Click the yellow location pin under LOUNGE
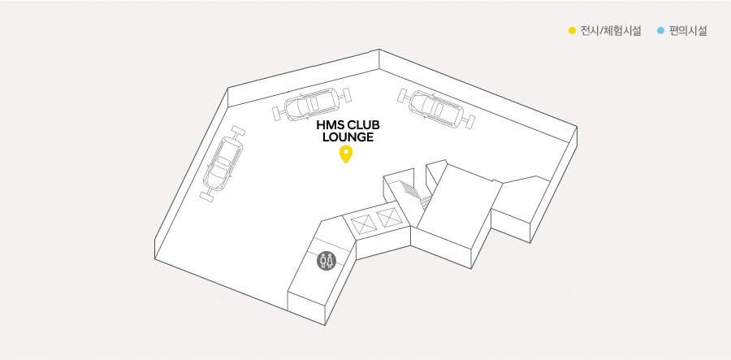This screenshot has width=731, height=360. pyautogui.click(x=345, y=154)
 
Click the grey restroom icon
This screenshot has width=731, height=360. pyautogui.click(x=326, y=261)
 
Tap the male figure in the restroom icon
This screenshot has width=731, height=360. pyautogui.click(x=322, y=261)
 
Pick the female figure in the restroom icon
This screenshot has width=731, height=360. pyautogui.click(x=330, y=261)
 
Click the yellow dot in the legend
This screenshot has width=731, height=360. pyautogui.click(x=572, y=31)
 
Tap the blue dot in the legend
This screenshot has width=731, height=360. pyautogui.click(x=660, y=31)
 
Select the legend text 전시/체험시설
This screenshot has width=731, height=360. pyautogui.click(x=611, y=31)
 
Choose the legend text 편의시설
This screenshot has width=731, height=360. pyautogui.click(x=688, y=31)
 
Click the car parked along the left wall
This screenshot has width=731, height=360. pyautogui.click(x=223, y=163)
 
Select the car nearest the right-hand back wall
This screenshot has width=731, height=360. pyautogui.click(x=436, y=108)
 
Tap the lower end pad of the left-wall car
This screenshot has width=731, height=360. pyautogui.click(x=206, y=197)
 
